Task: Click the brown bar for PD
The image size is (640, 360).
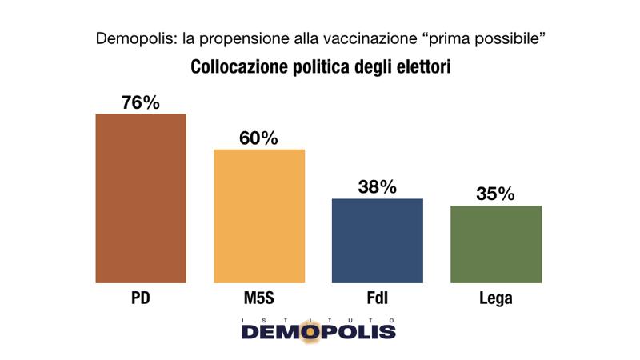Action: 141,198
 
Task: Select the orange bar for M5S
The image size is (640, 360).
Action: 259,216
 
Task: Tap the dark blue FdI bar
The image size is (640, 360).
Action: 377,240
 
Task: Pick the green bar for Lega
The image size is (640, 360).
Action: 496,244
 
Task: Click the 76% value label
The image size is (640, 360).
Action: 141,102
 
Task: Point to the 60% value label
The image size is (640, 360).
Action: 259,138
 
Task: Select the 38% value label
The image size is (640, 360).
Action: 377,187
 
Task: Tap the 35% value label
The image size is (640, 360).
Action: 496,194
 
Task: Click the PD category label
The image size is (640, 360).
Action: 141,299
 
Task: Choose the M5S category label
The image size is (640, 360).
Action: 259,299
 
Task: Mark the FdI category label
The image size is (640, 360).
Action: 377,299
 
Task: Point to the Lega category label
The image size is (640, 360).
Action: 496,299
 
